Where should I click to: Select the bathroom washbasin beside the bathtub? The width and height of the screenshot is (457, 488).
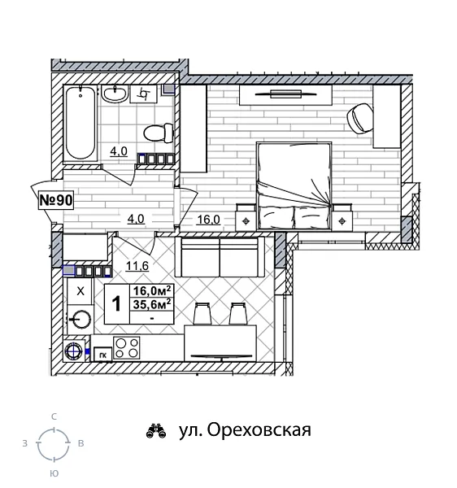coord(116,95)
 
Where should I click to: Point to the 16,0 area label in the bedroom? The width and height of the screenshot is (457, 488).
coord(208,218)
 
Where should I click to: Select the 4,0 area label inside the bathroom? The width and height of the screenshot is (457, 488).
coord(119,150)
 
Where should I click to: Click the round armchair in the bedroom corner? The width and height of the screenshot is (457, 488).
coord(359,117)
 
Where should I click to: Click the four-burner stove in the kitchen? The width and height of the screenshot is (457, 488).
coord(127,348)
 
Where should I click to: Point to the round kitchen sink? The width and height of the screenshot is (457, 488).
coord(81,319)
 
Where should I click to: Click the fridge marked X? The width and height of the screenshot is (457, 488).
coord(80,290)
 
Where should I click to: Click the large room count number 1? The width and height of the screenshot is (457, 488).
coord(116,303)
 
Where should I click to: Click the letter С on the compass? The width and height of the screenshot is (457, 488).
coord(54,416)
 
